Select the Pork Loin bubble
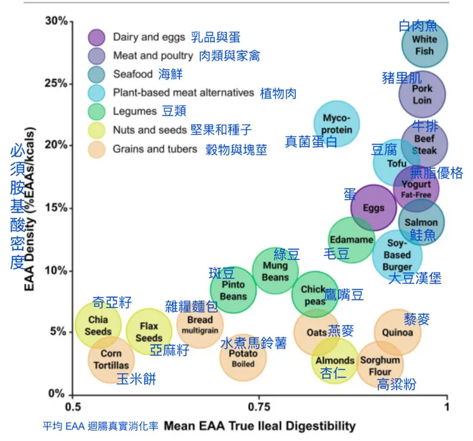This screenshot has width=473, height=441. point(422,94)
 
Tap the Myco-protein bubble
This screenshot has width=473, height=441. point(337,124)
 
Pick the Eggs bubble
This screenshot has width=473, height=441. point(374,207)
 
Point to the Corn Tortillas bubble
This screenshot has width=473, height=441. point(111,359)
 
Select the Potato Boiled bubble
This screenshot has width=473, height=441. point(243,358)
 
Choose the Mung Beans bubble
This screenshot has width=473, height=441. point(275,271)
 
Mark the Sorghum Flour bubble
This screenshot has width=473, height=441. point(380,365)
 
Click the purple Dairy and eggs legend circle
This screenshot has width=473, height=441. point(97,37)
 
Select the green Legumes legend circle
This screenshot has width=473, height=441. point(97,111)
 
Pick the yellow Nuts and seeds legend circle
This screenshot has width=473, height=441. point(97,130)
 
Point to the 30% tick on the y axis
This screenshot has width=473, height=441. point(71,21)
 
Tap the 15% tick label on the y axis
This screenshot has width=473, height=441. point(56,207)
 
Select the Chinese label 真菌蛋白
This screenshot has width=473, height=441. point(311,142)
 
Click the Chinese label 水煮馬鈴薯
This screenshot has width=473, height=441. point(254,343)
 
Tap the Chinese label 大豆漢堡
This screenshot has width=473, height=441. point(415,278)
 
